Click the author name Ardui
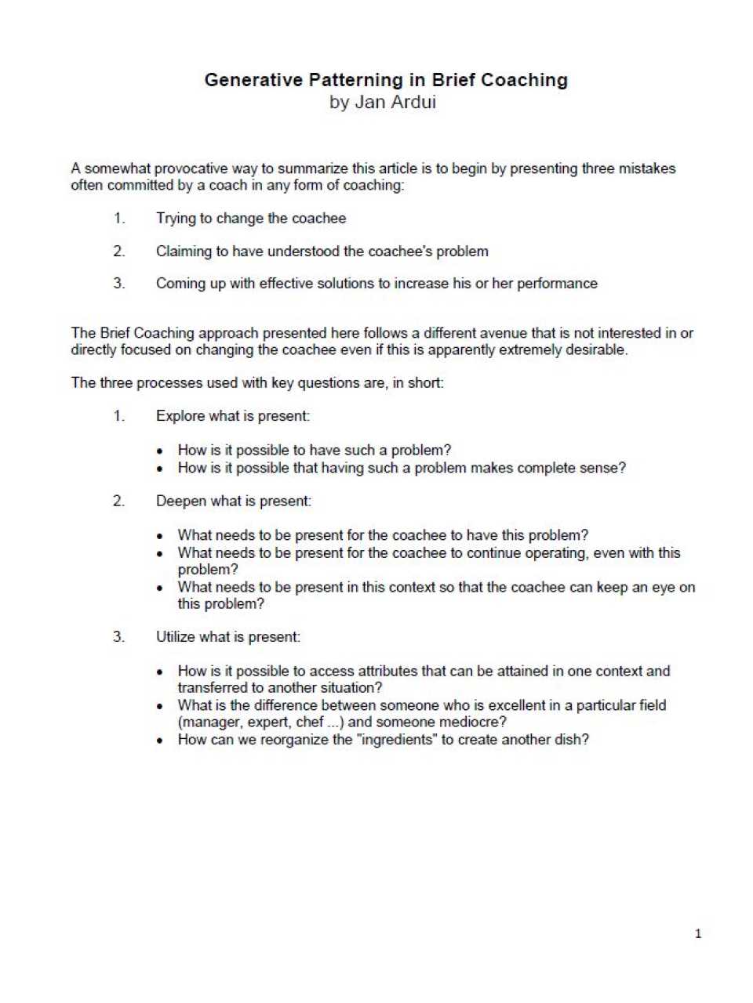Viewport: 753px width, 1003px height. pyautogui.click(x=412, y=102)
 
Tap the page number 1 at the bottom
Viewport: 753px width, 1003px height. pyautogui.click(x=698, y=933)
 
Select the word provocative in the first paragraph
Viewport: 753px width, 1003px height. pyautogui.click(x=187, y=168)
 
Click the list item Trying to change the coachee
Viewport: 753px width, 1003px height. pyautogui.click(x=250, y=219)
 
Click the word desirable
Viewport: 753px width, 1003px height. pyautogui.click(x=599, y=350)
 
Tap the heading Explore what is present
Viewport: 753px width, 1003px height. pyautogui.click(x=232, y=416)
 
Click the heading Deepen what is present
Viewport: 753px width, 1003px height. pyautogui.click(x=233, y=501)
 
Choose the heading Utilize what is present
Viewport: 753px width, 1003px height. pyautogui.click(x=227, y=637)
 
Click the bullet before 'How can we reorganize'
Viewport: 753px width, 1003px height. pyautogui.click(x=160, y=740)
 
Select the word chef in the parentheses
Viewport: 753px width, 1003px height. pyautogui.click(x=309, y=722)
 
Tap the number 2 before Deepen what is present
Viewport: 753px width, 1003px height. pyautogui.click(x=118, y=501)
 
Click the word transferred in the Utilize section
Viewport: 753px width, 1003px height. pyautogui.click(x=211, y=688)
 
